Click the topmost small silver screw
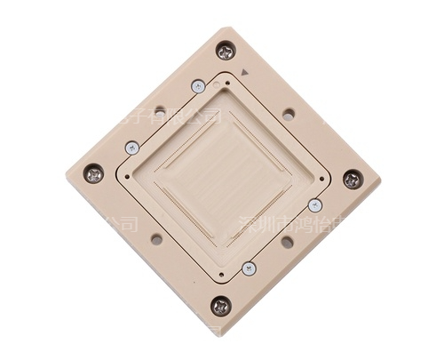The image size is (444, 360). [198, 86]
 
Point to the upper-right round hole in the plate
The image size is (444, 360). [289, 114]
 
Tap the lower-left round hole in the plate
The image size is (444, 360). [156, 239]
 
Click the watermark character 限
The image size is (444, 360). [183, 116]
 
